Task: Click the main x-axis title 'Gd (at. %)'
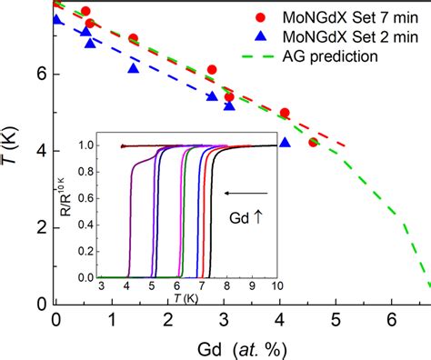tap(240, 349)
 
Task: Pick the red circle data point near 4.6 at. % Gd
tap(314, 142)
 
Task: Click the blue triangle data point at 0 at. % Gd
tap(57, 19)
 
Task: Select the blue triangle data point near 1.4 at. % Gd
tap(135, 68)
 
